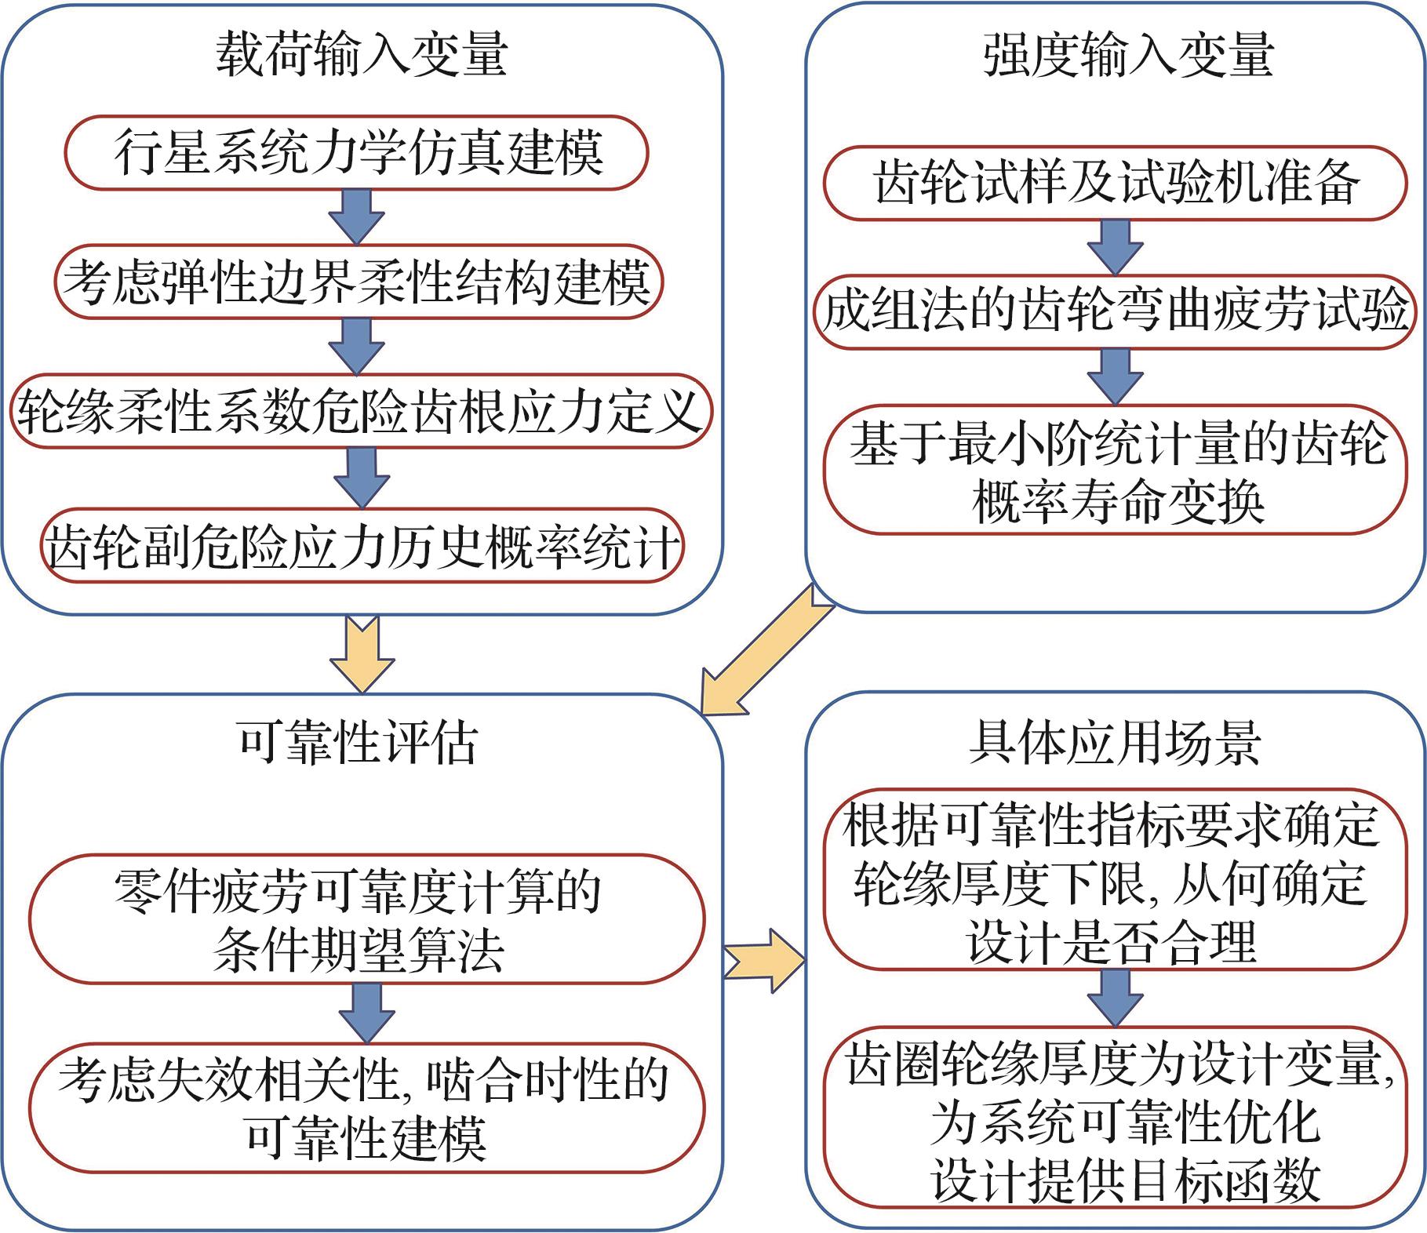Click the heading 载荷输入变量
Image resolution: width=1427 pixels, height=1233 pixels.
(x=361, y=55)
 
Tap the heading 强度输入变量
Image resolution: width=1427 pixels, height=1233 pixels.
(x=1127, y=55)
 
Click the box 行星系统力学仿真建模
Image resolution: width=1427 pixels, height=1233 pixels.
(x=358, y=153)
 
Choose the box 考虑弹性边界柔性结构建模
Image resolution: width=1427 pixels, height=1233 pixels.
(x=358, y=282)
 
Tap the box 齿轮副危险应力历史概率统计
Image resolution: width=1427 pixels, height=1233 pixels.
(x=361, y=547)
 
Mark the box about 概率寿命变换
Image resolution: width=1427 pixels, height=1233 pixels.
(x=1116, y=471)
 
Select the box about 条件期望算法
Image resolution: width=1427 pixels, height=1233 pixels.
(x=366, y=919)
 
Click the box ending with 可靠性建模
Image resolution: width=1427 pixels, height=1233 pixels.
(x=366, y=1108)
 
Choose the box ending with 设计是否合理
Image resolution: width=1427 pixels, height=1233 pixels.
(x=1112, y=880)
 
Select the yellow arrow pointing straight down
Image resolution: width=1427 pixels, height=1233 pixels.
(x=362, y=653)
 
